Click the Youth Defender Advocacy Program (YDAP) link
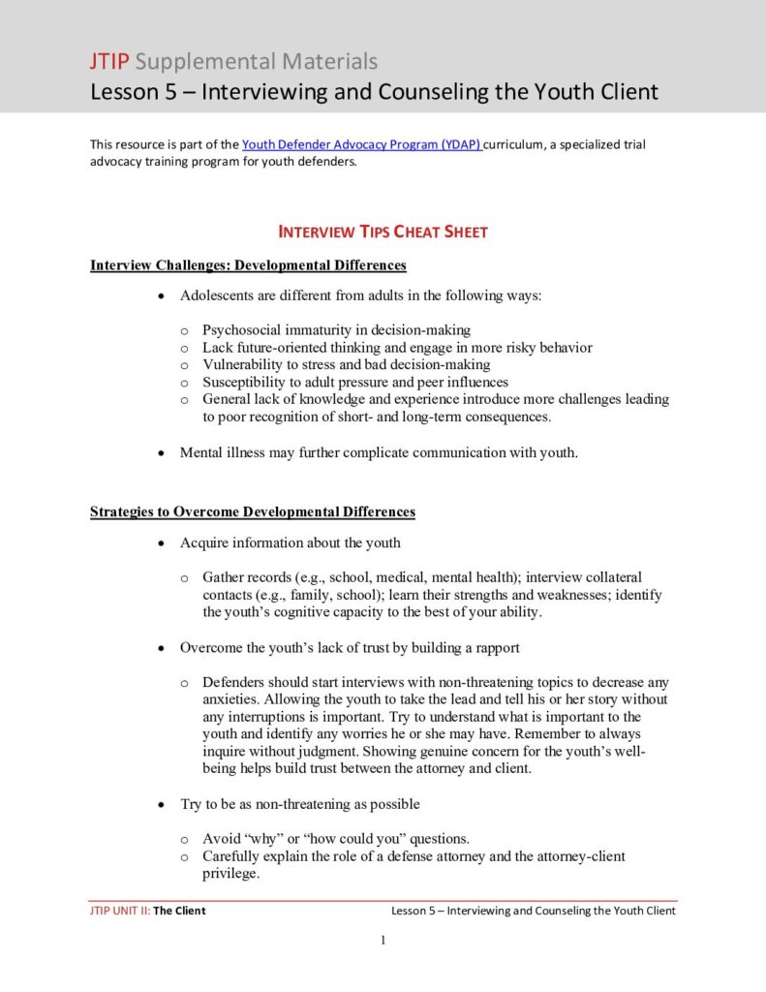pyautogui.click(x=360, y=144)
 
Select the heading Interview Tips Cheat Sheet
pyautogui.click(x=383, y=232)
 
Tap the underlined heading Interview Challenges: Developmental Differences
pyautogui.click(x=248, y=265)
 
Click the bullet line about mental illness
pyautogui.click(x=379, y=452)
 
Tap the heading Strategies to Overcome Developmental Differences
pyautogui.click(x=253, y=511)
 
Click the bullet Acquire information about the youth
pyautogui.click(x=290, y=542)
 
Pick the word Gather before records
pyautogui.click(x=225, y=577)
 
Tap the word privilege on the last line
pyautogui.click(x=230, y=873)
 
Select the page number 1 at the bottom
pyautogui.click(x=383, y=940)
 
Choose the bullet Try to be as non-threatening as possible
pyautogui.click(x=299, y=804)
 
